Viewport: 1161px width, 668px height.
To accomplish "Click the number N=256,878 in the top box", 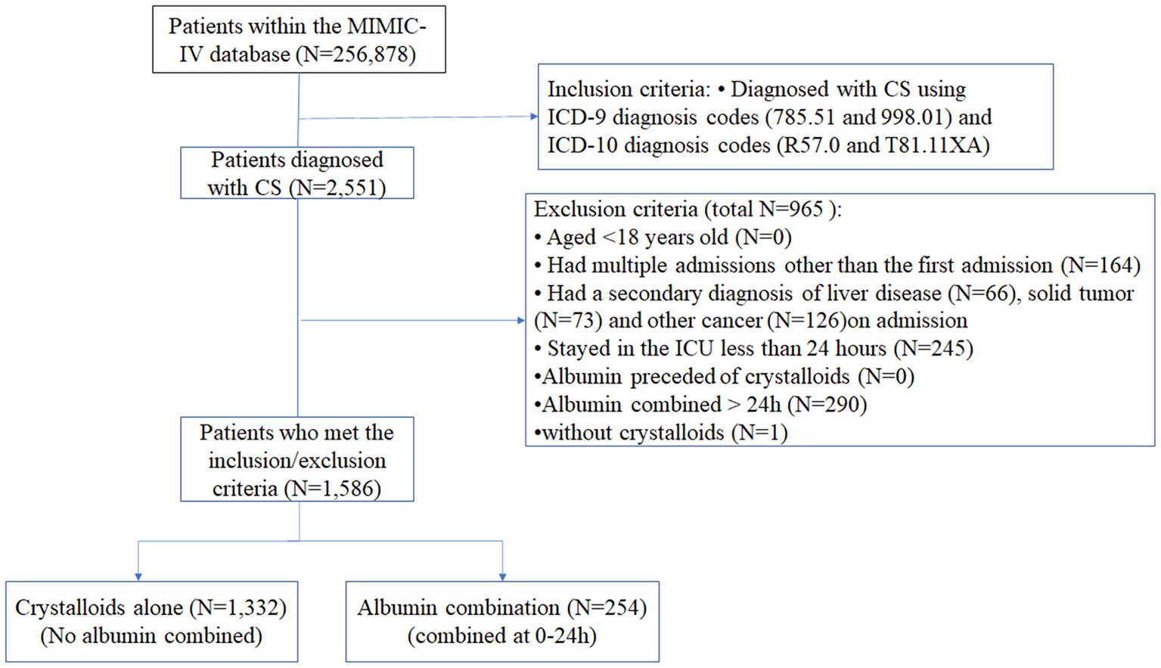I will pos(355,54).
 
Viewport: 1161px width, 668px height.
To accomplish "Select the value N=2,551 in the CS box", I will pos(337,188).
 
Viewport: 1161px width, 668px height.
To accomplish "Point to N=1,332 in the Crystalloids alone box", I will pos(237,607).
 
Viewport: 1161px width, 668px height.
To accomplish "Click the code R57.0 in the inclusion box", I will pos(812,145).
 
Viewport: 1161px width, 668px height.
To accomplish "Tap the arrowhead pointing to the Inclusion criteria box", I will pos(534,117).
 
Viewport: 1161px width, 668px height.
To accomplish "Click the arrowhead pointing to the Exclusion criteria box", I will pos(521,321).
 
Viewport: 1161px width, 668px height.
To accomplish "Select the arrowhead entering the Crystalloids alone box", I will pos(138,576).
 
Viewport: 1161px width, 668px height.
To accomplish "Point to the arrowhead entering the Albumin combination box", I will pos(502,576).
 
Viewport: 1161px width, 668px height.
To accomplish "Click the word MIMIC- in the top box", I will pos(386,26).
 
